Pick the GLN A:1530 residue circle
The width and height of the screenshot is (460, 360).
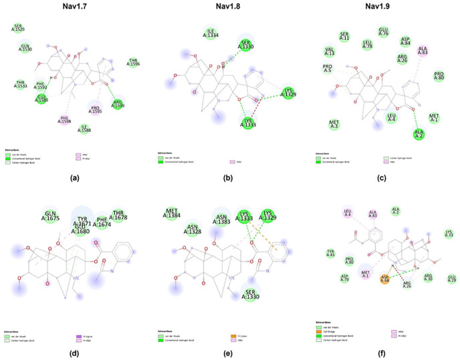click(x=25, y=47)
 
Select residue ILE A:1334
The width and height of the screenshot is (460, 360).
click(x=210, y=33)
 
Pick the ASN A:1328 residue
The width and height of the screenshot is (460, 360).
click(x=194, y=230)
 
